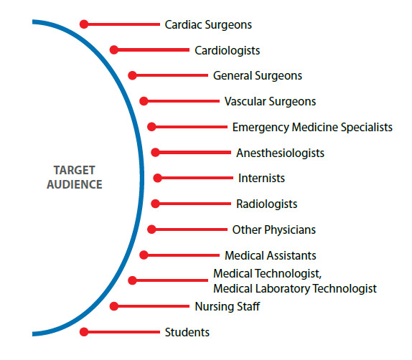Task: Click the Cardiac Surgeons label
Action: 208,25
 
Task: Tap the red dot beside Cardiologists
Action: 114,50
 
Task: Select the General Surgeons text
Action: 258,76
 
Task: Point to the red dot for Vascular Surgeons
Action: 144,101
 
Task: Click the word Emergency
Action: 261,128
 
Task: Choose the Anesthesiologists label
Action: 280,153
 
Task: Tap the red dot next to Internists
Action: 158,178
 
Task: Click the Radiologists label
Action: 267,204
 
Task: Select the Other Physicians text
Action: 273,229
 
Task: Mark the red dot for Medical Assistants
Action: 144,255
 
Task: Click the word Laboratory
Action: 283,289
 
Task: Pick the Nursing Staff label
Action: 228,307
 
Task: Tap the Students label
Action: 187,333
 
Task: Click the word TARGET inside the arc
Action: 75,171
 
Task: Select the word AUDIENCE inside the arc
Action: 75,184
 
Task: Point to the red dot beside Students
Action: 84,332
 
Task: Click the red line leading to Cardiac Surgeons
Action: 123,24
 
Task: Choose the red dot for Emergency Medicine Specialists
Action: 151,127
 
